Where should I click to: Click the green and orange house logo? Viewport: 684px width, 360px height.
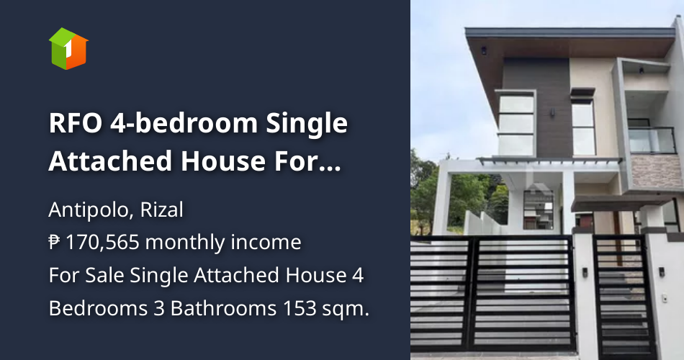point(68,48)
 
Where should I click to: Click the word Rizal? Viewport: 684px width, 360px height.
point(161,210)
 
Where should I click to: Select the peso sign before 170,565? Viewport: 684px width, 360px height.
point(55,243)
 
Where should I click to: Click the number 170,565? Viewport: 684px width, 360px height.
point(99,243)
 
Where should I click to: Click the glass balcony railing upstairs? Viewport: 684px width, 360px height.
point(652,140)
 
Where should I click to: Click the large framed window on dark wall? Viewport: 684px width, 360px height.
point(516,122)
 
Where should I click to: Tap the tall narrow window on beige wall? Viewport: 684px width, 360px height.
point(583,126)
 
